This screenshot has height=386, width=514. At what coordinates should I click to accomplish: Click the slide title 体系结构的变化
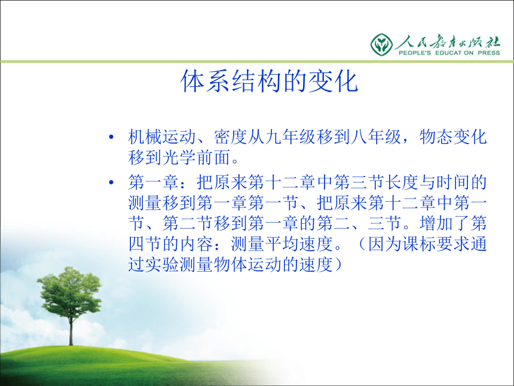tap(269, 81)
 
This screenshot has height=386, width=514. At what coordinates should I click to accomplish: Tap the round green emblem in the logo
tap(381, 44)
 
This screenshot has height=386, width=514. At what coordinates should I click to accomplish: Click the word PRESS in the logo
tap(489, 53)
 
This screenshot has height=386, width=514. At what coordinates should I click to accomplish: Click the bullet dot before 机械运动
tap(111, 137)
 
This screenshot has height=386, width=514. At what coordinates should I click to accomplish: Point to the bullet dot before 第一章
tap(111, 182)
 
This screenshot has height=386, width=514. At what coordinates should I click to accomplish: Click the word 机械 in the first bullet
tap(145, 137)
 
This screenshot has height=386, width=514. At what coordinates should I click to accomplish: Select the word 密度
tap(231, 137)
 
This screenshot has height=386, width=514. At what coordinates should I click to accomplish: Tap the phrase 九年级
tap(290, 137)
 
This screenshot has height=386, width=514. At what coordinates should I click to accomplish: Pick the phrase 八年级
tap(376, 137)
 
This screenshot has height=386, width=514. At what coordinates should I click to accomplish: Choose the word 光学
tap(179, 157)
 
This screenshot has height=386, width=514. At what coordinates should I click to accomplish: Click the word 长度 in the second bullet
tap(402, 182)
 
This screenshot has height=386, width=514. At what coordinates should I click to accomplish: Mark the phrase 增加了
tap(445, 223)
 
